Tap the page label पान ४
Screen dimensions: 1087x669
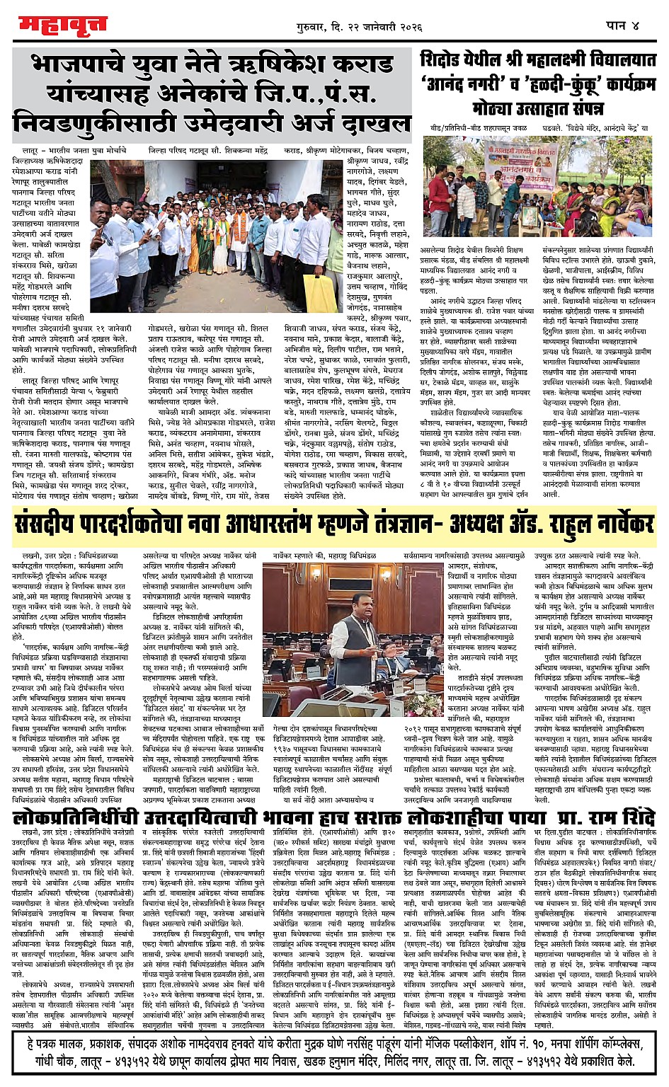click(x=622, y=25)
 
